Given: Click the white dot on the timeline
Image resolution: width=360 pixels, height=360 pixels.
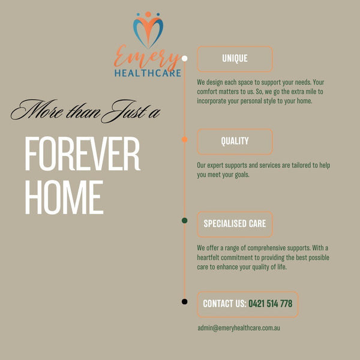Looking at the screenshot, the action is tap(184, 59).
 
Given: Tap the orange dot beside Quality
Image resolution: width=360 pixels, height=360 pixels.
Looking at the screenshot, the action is tap(184, 139).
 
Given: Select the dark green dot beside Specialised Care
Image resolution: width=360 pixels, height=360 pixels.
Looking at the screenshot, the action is tap(184, 220).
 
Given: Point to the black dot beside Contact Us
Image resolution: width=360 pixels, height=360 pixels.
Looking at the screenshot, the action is tap(184, 301).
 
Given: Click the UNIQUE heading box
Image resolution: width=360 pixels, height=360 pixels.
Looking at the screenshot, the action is tap(235, 59).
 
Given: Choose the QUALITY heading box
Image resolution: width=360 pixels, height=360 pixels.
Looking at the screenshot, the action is tap(235, 142).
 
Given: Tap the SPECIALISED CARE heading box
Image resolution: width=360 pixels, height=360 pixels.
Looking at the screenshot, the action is tap(235, 224).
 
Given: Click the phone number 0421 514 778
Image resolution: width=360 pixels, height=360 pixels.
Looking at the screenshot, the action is tap(270, 304).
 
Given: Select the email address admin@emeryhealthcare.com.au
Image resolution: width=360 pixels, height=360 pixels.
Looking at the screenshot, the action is tap(239, 328).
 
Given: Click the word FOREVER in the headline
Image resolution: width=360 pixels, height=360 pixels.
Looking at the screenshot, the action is tap(82, 154).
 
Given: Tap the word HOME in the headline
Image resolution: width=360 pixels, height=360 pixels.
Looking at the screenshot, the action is tap(64, 197).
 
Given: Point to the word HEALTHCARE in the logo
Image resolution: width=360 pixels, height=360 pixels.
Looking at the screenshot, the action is tap(148, 73).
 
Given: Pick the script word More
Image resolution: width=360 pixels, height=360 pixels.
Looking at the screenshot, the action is tap(37, 110).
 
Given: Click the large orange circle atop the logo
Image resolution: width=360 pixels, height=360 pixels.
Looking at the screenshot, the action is tap(148, 14).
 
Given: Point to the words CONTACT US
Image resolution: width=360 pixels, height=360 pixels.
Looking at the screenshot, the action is tap(224, 304).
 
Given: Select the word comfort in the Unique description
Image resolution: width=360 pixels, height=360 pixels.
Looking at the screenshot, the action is tap(207, 92).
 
